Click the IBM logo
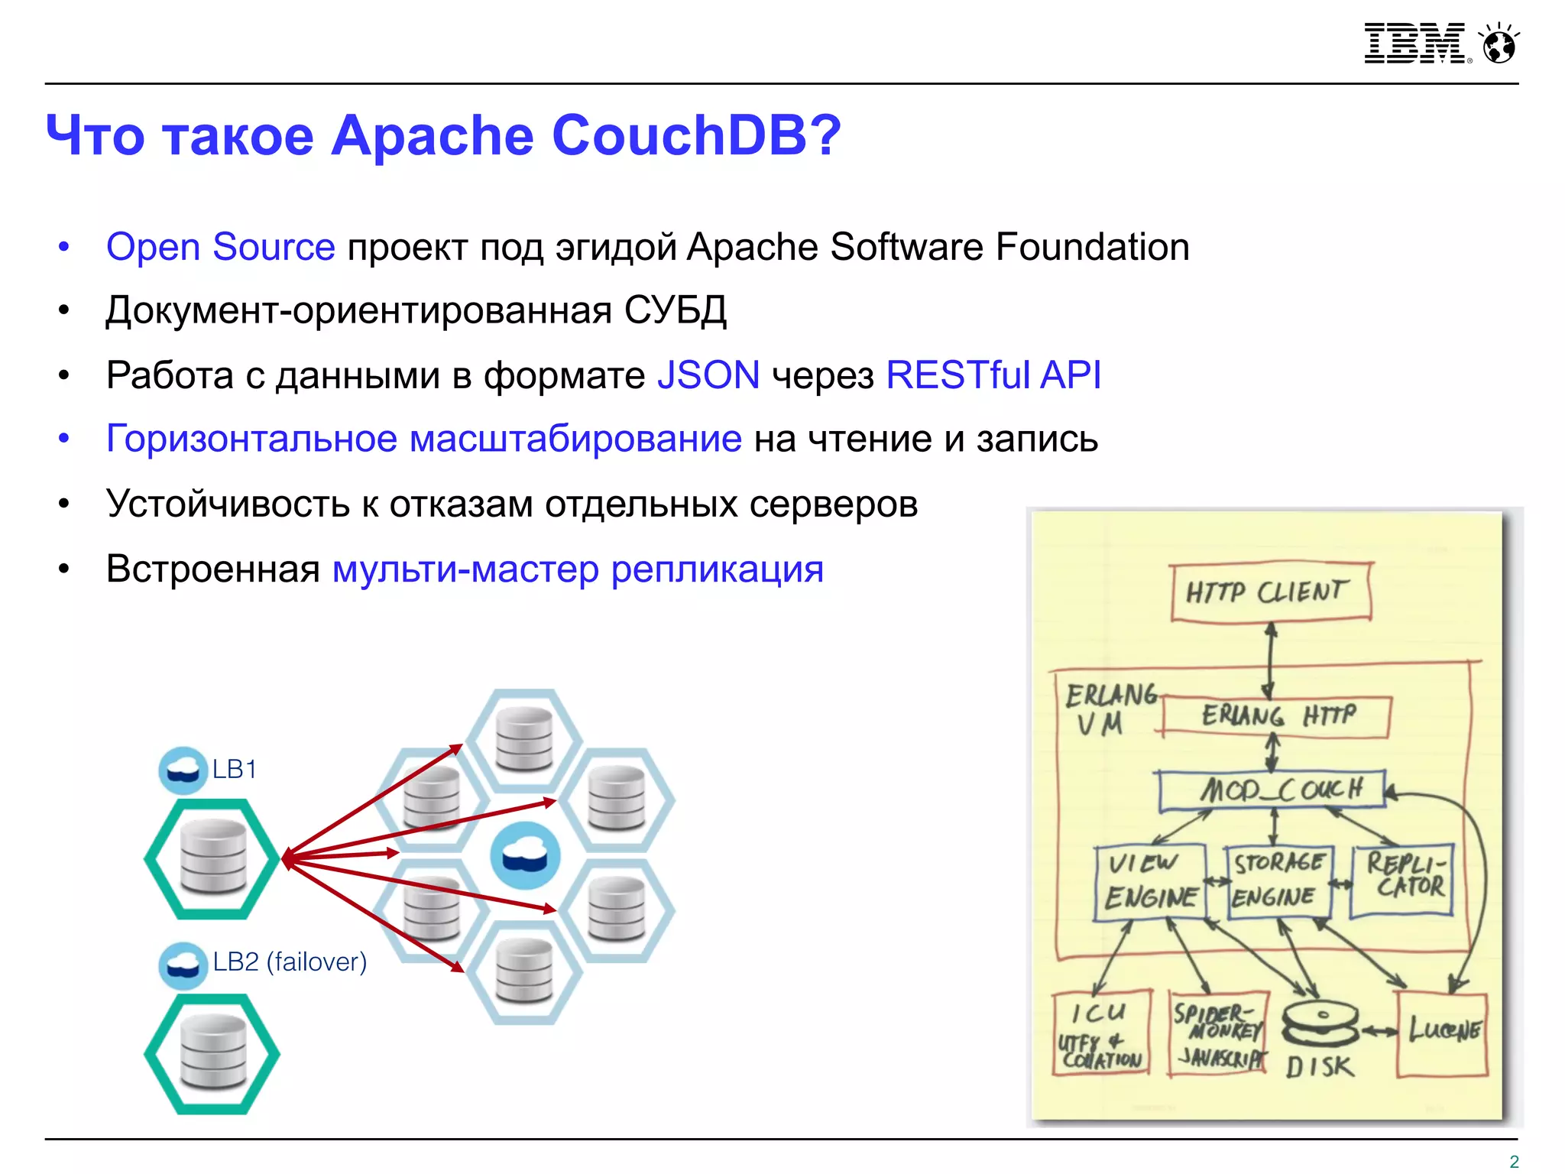(x=1414, y=44)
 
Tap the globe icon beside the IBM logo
(x=1499, y=44)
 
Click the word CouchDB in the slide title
(x=695, y=136)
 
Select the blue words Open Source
(x=220, y=247)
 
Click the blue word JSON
(x=708, y=375)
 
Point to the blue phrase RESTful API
(x=993, y=375)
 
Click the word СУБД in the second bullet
(x=675, y=310)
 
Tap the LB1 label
(x=234, y=769)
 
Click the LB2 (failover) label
(x=290, y=962)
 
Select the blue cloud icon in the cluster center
(x=525, y=856)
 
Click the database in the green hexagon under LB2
(x=213, y=1053)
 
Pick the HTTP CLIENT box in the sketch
(x=1270, y=592)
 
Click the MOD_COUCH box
(x=1272, y=790)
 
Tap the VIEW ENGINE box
(x=1149, y=881)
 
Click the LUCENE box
(x=1442, y=1033)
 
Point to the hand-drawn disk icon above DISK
(x=1320, y=1023)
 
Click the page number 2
(x=1514, y=1161)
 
